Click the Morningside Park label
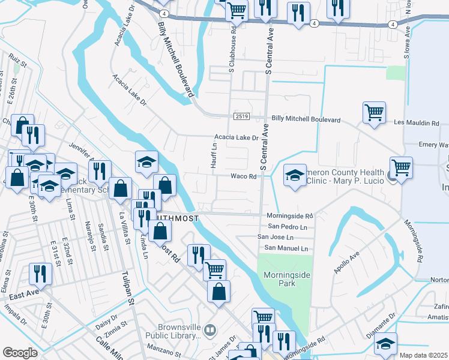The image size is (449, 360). tap(285, 280)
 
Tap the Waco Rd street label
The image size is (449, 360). tap(244, 176)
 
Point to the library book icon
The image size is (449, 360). tap(209, 329)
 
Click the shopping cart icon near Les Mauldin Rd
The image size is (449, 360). tap(374, 112)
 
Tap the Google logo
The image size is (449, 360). tap(20, 353)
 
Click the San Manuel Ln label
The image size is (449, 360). tap(286, 248)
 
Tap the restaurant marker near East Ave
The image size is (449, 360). tap(40, 274)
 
